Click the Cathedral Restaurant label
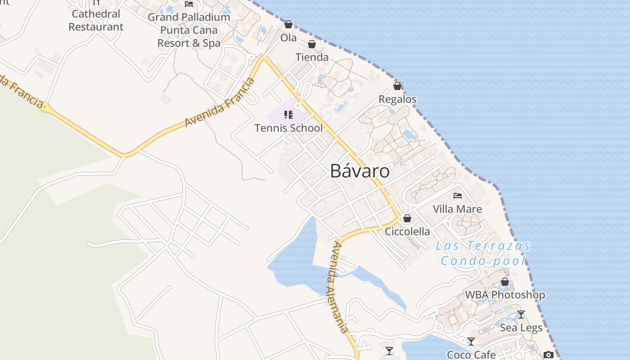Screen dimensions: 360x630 [96, 20]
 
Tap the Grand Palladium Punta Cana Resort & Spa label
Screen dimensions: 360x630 [189, 30]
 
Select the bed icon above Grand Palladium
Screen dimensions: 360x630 [189, 4]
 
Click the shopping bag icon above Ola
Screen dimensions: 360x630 [288, 24]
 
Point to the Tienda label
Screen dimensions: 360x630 [312, 57]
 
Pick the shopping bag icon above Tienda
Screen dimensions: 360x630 [311, 44]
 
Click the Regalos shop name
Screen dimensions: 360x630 [397, 99]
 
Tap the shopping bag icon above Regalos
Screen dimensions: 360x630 [397, 86]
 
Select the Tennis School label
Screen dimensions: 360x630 [288, 128]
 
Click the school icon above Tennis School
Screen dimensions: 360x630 [288, 115]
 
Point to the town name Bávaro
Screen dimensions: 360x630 [360, 171]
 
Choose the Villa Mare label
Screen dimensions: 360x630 [457, 209]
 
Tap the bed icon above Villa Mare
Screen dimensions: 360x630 [458, 196]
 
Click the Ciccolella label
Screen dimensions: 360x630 [407, 231]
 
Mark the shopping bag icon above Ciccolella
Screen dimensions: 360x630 [407, 218]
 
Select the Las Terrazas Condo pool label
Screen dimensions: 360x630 [483, 253]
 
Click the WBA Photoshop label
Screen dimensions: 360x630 [505, 295]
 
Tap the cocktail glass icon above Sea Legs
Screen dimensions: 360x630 [521, 315]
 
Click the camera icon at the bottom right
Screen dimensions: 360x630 [548, 355]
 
